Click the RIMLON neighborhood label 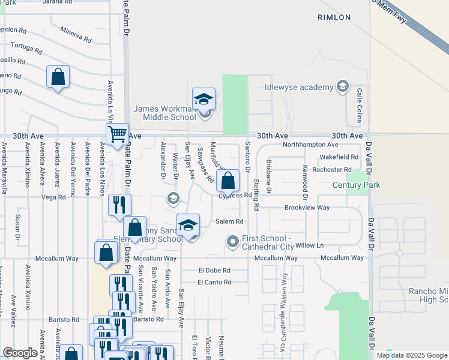334,18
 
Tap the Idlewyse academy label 299,87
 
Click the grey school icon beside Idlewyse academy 342,87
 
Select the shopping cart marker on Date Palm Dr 117,133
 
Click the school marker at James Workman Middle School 203,99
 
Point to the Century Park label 357,186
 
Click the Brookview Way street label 307,208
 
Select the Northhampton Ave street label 316,145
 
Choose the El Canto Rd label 214,282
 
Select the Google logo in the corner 20,353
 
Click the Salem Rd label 229,221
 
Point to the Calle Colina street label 360,106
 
